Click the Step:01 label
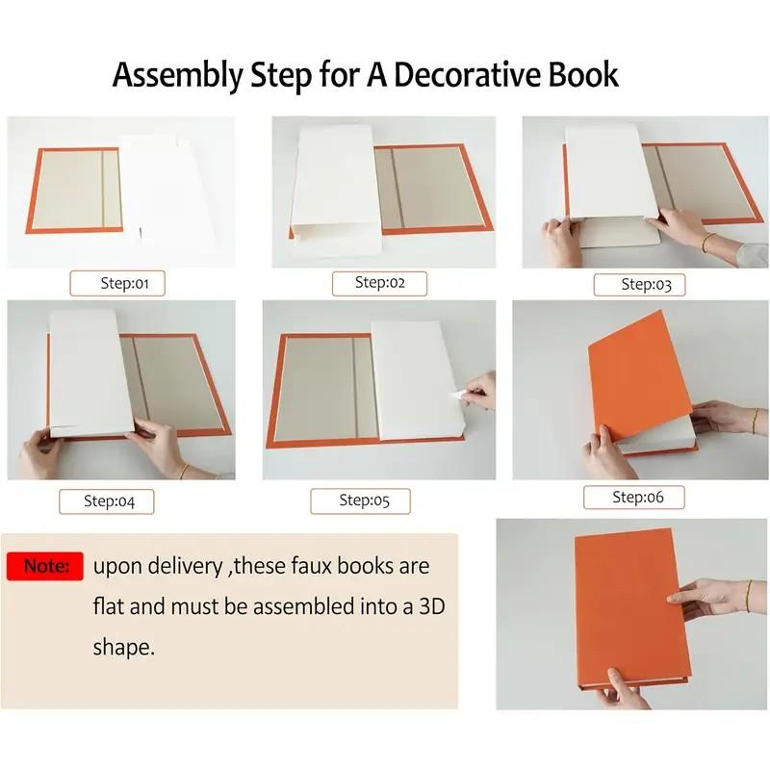[x=117, y=283]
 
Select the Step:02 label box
[x=379, y=283]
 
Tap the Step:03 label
[x=646, y=284]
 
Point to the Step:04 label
[x=106, y=500]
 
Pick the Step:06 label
[x=637, y=498]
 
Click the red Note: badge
[x=45, y=566]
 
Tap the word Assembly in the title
[x=175, y=74]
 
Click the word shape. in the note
[x=123, y=647]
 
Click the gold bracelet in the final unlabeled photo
[x=747, y=593]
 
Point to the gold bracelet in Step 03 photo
[x=707, y=242]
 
